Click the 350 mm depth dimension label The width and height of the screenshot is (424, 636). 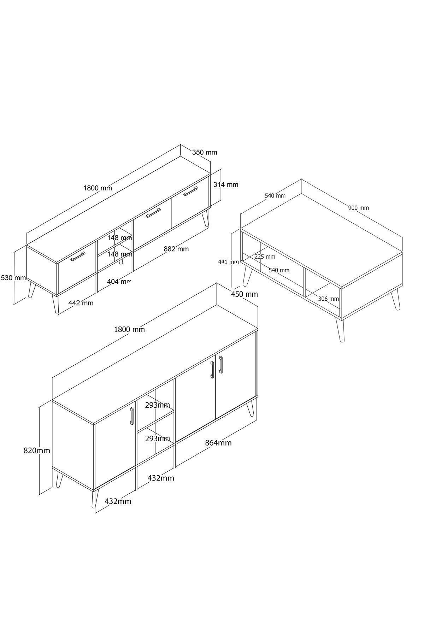pos(205,152)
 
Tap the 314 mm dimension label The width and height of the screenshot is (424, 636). pos(226,184)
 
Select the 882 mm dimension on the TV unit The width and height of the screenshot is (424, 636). pos(176,249)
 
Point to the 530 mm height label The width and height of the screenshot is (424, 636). pos(13,278)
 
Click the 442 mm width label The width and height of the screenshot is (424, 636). pos(81,303)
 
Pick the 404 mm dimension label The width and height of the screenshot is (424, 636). pos(119,282)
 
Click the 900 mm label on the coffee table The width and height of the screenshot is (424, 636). pos(358,208)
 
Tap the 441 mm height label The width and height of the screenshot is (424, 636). pos(228,262)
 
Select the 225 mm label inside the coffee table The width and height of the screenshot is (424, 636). pos(265,257)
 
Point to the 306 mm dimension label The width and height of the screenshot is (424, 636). pos(328,299)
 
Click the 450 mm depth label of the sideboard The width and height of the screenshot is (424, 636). pos(245,294)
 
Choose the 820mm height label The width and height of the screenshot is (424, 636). pos(37,450)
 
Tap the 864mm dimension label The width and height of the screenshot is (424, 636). pos(218,443)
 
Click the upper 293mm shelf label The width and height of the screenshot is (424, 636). pos(158,405)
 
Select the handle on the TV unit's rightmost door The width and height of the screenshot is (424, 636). pos(191,191)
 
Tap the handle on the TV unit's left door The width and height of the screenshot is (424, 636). pos(78,256)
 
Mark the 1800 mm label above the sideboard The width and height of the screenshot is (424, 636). pos(129,329)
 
